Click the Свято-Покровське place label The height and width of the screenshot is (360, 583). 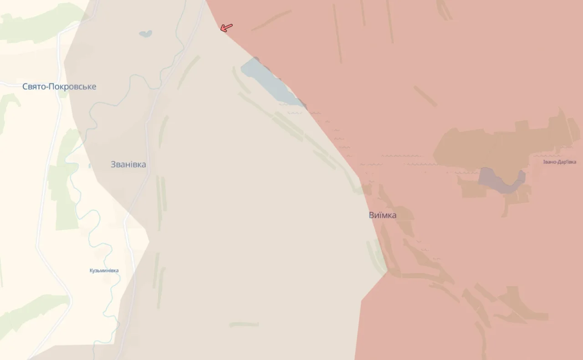point(59,86)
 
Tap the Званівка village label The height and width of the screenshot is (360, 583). point(128,164)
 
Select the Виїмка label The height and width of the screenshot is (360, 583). point(383,215)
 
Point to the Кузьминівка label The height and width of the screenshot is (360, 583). point(104,270)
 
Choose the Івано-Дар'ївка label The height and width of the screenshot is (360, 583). point(559,162)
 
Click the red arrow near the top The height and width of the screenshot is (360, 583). point(226,28)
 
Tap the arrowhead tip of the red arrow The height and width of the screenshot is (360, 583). point(221,30)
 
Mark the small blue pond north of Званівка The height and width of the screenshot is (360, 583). point(145,34)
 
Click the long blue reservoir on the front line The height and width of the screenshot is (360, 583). point(269,82)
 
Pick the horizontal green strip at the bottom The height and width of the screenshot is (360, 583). point(244,325)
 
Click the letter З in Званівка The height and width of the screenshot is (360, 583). point(113,164)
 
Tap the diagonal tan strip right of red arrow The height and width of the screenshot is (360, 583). point(271,20)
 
